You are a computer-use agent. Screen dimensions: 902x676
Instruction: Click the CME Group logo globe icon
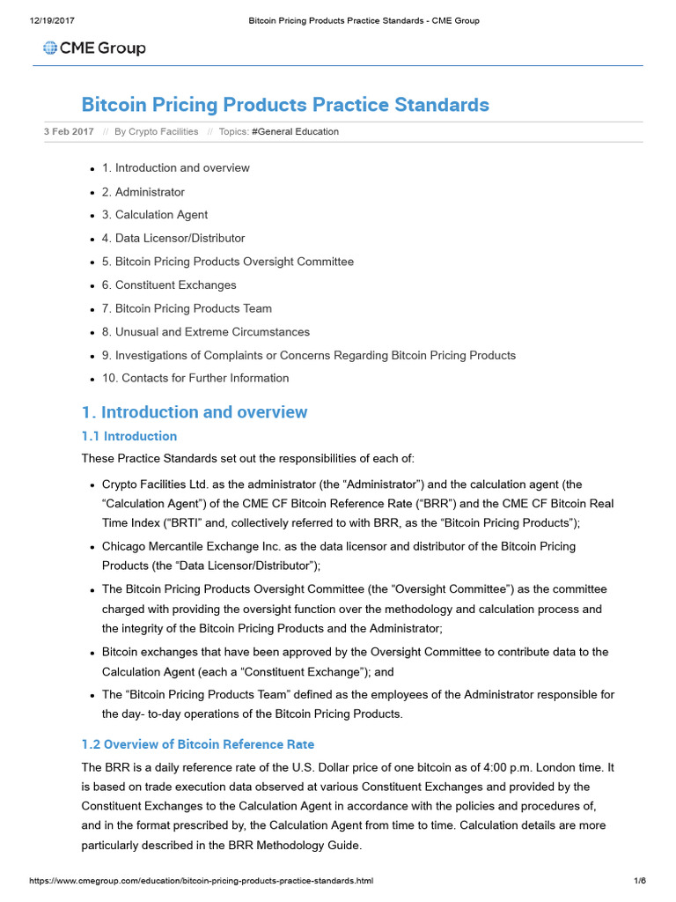pyautogui.click(x=49, y=48)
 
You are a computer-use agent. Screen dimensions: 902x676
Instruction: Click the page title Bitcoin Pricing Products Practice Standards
pyautogui.click(x=284, y=105)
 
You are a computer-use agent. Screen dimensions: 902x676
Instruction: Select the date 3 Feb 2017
pyautogui.click(x=69, y=132)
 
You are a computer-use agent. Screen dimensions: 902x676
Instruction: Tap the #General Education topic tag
pyautogui.click(x=295, y=132)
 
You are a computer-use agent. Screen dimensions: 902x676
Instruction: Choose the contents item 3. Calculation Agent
pyautogui.click(x=155, y=215)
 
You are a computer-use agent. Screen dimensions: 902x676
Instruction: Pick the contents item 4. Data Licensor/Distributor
pyautogui.click(x=173, y=238)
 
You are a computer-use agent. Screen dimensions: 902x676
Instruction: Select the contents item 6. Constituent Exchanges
pyautogui.click(x=169, y=285)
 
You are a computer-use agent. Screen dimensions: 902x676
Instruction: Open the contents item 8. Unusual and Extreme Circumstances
pyautogui.click(x=206, y=332)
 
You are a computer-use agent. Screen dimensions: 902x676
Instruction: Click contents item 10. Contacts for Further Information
pyautogui.click(x=195, y=378)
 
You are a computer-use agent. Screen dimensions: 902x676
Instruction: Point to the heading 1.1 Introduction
pyautogui.click(x=129, y=436)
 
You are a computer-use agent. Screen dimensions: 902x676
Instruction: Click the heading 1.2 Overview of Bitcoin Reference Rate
pyautogui.click(x=197, y=744)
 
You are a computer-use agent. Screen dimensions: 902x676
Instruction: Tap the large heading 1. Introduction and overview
pyautogui.click(x=195, y=412)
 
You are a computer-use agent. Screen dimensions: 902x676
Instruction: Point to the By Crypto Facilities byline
pyautogui.click(x=157, y=132)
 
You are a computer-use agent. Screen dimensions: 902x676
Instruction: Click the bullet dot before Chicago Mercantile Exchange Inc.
pyautogui.click(x=93, y=547)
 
